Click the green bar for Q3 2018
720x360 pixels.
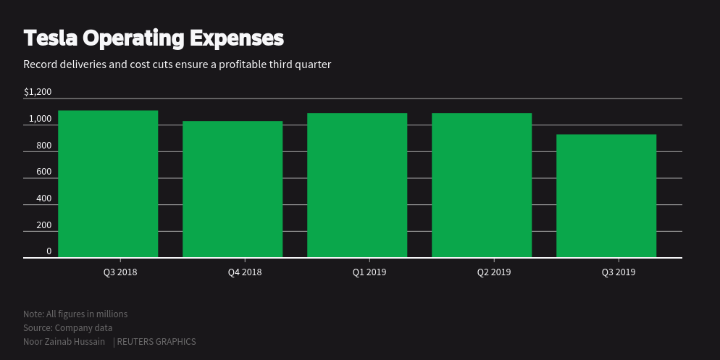click(x=108, y=184)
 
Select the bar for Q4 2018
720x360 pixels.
click(x=233, y=189)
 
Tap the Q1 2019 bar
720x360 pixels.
click(x=357, y=185)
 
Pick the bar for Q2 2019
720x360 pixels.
click(x=482, y=185)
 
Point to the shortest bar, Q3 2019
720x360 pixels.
click(x=606, y=196)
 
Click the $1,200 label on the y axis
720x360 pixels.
click(x=38, y=92)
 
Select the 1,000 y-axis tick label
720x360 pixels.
click(x=40, y=119)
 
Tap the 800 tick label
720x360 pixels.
click(x=43, y=146)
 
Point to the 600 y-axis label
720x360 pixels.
click(x=43, y=172)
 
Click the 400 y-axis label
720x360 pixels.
click(x=43, y=198)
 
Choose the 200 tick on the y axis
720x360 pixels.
click(x=43, y=225)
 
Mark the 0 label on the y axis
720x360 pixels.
click(x=49, y=251)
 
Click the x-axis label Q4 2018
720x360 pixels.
click(x=245, y=272)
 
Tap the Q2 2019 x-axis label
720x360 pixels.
click(x=494, y=272)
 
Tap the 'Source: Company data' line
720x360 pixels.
click(x=67, y=327)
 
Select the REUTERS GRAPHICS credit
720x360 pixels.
click(x=156, y=341)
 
